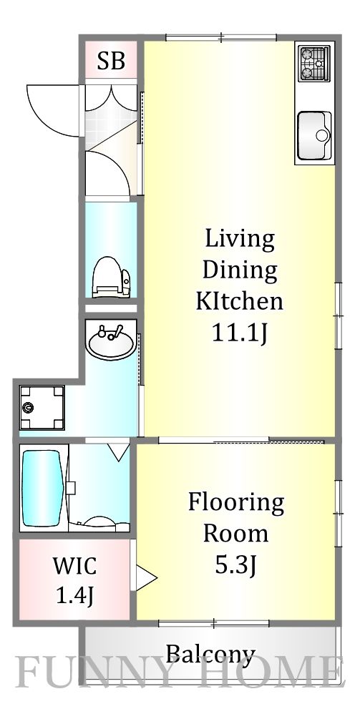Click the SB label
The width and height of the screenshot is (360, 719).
click(111, 61)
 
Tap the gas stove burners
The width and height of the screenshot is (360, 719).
click(315, 63)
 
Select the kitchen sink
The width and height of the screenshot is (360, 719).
click(314, 135)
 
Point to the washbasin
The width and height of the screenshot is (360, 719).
click(111, 341)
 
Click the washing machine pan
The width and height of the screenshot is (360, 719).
click(42, 408)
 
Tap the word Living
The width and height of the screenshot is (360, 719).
click(239, 240)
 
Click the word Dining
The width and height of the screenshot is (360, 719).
click(239, 271)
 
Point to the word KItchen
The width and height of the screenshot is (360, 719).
click(239, 302)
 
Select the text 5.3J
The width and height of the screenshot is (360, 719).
click(235, 565)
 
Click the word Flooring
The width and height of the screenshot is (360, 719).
click(235, 504)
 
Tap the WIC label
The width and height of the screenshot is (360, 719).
click(74, 567)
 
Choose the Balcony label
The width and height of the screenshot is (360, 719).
click(210, 654)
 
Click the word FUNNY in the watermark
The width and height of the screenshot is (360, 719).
click(103, 672)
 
